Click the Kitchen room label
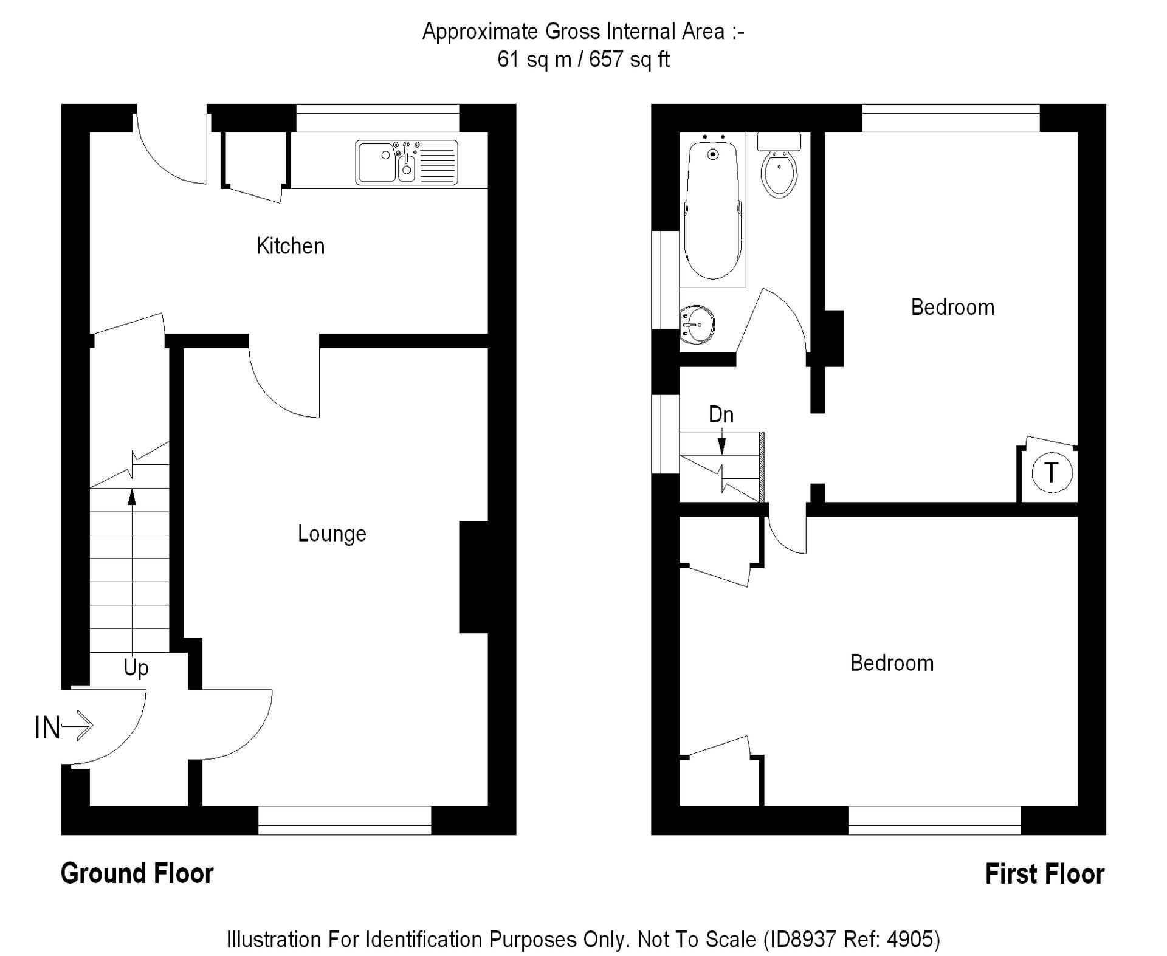[290, 246]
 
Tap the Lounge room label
[332, 534]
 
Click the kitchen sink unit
[406, 162]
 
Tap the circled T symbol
[1052, 472]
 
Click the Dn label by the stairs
[721, 414]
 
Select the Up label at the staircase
[136, 667]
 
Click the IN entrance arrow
[64, 726]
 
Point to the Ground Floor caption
[137, 873]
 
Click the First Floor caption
[1044, 874]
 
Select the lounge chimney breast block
[474, 577]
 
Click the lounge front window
[345, 820]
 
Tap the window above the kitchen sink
[377, 118]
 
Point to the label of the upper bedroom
[952, 308]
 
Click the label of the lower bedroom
[892, 663]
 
